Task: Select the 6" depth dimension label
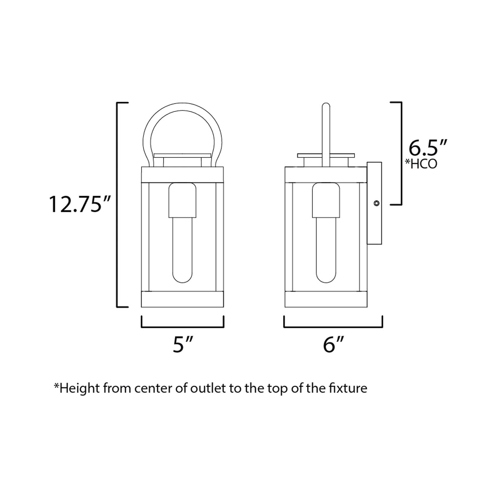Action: tap(333, 345)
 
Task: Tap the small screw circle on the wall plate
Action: tap(376, 203)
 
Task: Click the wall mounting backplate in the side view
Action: tap(374, 226)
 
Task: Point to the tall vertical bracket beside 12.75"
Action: tap(117, 205)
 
